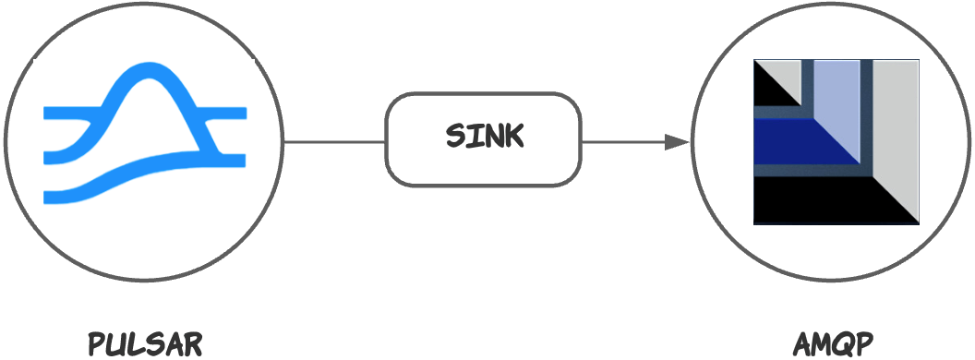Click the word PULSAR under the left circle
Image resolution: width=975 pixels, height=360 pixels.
tap(144, 343)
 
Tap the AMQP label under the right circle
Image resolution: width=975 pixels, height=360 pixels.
tap(833, 343)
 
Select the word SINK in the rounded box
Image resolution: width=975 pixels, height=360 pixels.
tap(484, 137)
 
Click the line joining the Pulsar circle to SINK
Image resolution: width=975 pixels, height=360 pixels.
tap(334, 142)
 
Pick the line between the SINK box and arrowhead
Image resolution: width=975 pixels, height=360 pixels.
tap(623, 142)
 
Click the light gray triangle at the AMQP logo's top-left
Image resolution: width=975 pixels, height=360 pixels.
tap(785, 74)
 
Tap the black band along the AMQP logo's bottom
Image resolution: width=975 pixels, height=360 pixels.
tap(812, 205)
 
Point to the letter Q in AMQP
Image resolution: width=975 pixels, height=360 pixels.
tap(840, 344)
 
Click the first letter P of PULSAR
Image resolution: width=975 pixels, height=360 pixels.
tap(96, 343)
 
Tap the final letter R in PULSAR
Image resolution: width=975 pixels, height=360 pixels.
tap(191, 343)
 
